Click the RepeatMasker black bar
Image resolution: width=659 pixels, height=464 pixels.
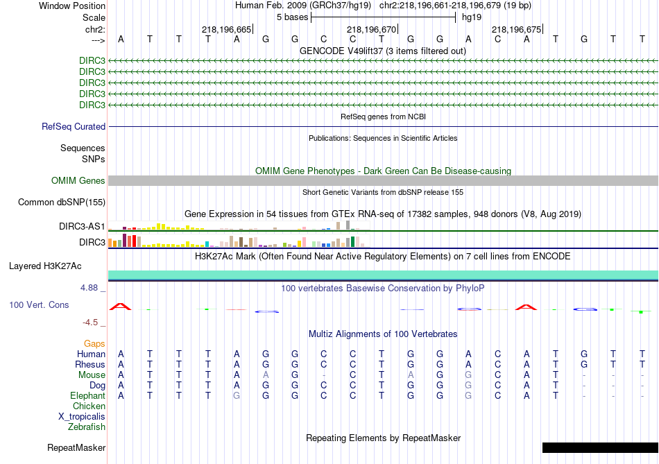pyautogui.click(x=599, y=447)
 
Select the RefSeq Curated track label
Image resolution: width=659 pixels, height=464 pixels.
pyautogui.click(x=74, y=127)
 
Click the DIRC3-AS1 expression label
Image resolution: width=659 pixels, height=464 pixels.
pyautogui.click(x=82, y=227)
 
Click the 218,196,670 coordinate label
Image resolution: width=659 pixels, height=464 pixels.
pyautogui.click(x=371, y=30)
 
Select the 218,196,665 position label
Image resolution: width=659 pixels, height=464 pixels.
pyautogui.click(x=226, y=30)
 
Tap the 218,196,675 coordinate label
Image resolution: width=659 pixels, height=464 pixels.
pyautogui.click(x=516, y=30)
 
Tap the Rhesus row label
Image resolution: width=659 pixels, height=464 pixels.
pyautogui.click(x=90, y=365)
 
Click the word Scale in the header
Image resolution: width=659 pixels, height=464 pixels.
pyautogui.click(x=94, y=17)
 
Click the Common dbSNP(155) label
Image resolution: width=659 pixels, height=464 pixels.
pyautogui.click(x=62, y=203)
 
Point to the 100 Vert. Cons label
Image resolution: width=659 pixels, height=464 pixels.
pyautogui.click(x=40, y=305)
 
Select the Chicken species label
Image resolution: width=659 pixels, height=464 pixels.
pyautogui.click(x=89, y=406)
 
